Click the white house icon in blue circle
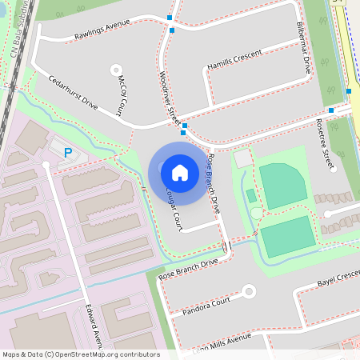point(180,172)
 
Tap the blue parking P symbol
point(68,152)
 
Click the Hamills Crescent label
point(234,65)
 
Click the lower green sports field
point(287,237)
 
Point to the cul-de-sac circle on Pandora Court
point(249,291)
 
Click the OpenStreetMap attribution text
point(81,354)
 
